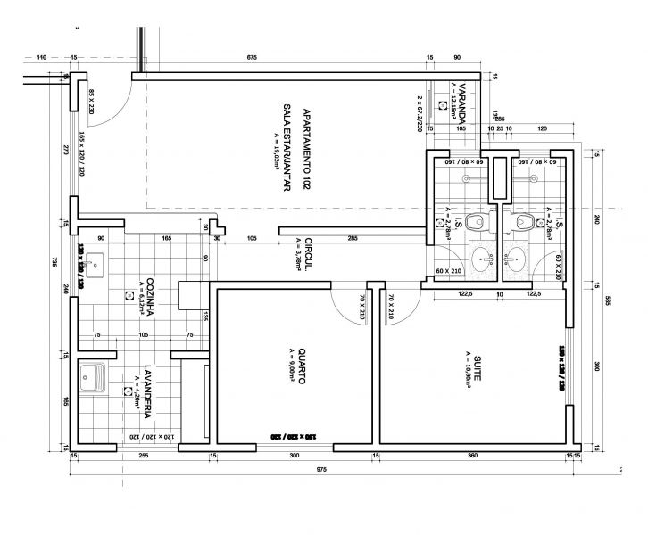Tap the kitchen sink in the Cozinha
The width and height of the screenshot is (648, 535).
pyautogui.click(x=97, y=265)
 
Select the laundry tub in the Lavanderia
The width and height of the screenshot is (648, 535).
pyautogui.click(x=92, y=378)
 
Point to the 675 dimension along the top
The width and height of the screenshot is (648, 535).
pyautogui.click(x=252, y=58)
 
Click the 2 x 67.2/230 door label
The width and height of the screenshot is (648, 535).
pyautogui.click(x=418, y=113)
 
